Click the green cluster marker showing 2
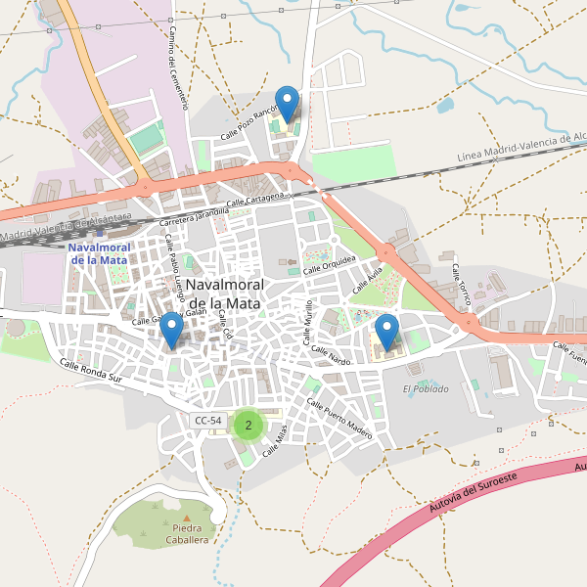pos(249,425)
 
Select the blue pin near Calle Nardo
pos(388,332)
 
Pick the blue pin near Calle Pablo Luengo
pos(172,330)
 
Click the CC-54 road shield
pos(208,421)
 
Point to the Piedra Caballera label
pos(187,534)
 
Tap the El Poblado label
pos(426,388)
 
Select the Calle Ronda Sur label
pos(91,371)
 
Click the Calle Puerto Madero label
pos(339,418)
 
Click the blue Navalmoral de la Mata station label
pos(98,253)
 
